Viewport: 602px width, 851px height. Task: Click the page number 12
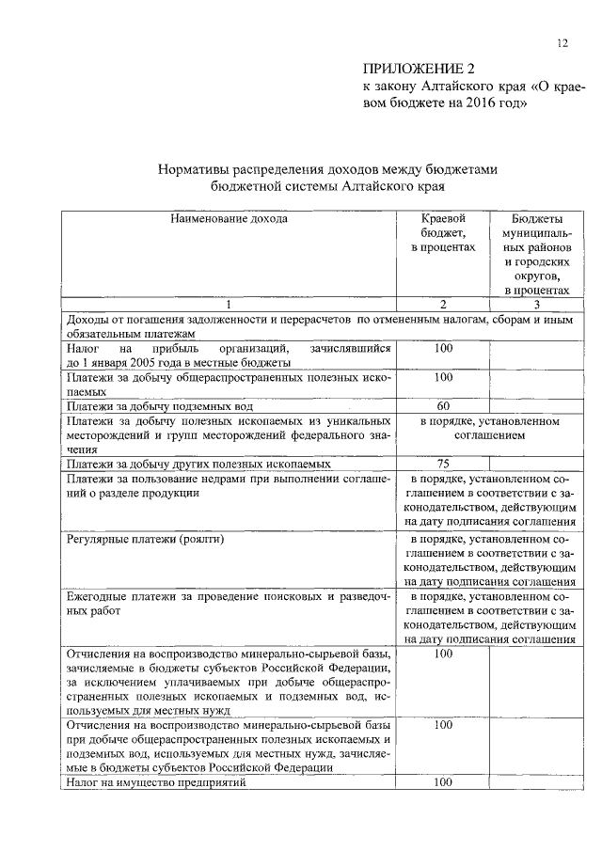[x=562, y=42]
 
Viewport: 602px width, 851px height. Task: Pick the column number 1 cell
[x=229, y=305]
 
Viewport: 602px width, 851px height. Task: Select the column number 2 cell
[x=443, y=305]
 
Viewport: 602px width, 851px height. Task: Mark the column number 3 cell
[x=535, y=305]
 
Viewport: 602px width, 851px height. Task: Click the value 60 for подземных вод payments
[x=443, y=406]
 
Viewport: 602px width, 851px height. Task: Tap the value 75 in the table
[x=443, y=464]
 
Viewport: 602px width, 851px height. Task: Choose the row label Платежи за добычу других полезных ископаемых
[x=198, y=464]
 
